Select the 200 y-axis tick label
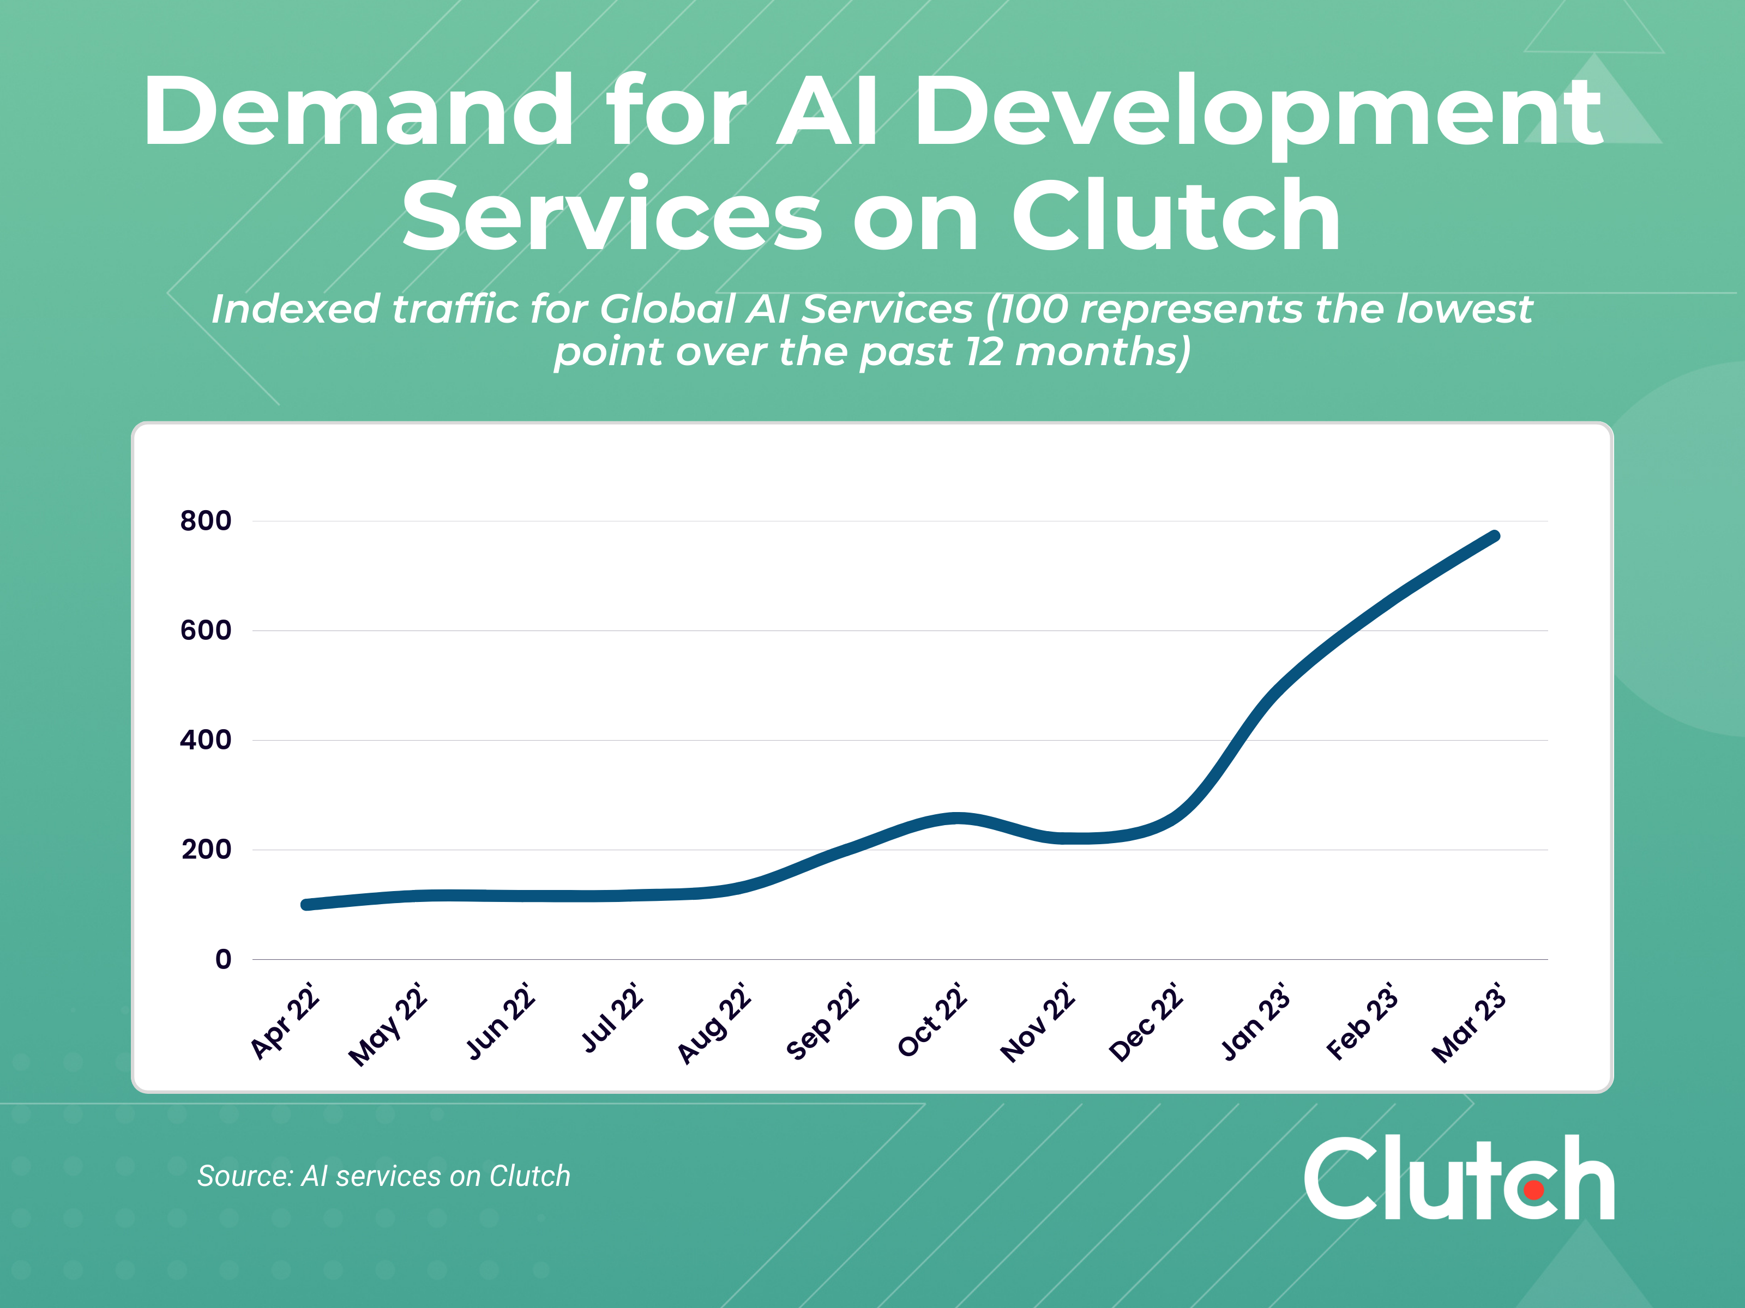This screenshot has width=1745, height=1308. (x=206, y=849)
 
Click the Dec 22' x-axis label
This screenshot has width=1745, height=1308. (x=1146, y=1022)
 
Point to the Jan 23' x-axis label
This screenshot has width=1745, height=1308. (x=1255, y=1022)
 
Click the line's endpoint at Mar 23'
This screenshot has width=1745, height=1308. (x=1494, y=536)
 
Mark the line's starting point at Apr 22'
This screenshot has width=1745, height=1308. (x=306, y=904)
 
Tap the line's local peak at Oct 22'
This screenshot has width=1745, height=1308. (x=958, y=818)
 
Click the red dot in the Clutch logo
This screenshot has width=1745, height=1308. (x=1533, y=1190)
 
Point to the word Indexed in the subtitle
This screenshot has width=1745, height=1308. (x=295, y=308)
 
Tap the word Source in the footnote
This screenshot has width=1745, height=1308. (x=244, y=1176)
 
